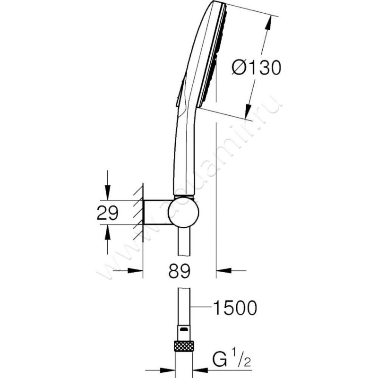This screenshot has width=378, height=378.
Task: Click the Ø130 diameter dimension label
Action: (257, 67)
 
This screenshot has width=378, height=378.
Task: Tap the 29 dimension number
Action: (108, 213)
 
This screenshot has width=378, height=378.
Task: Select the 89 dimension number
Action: (180, 271)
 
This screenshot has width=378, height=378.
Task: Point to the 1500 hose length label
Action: (235, 308)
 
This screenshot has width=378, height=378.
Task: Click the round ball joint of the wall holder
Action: (184, 212)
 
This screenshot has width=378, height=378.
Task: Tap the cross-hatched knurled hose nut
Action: (184, 346)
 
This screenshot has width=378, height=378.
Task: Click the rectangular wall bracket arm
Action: (156, 212)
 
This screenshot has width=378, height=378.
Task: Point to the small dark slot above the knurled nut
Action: (184, 329)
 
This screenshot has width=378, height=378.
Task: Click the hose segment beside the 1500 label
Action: (184, 306)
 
